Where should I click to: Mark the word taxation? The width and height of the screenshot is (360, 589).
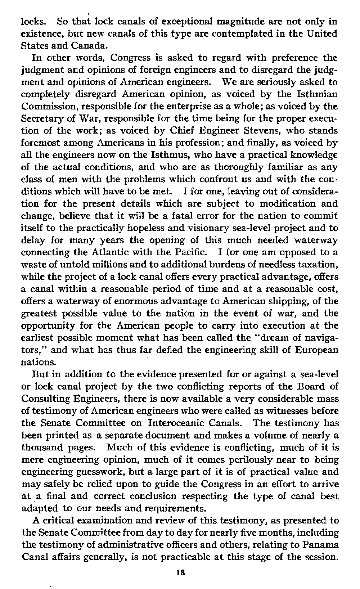pyautogui.click(x=313, y=265)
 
